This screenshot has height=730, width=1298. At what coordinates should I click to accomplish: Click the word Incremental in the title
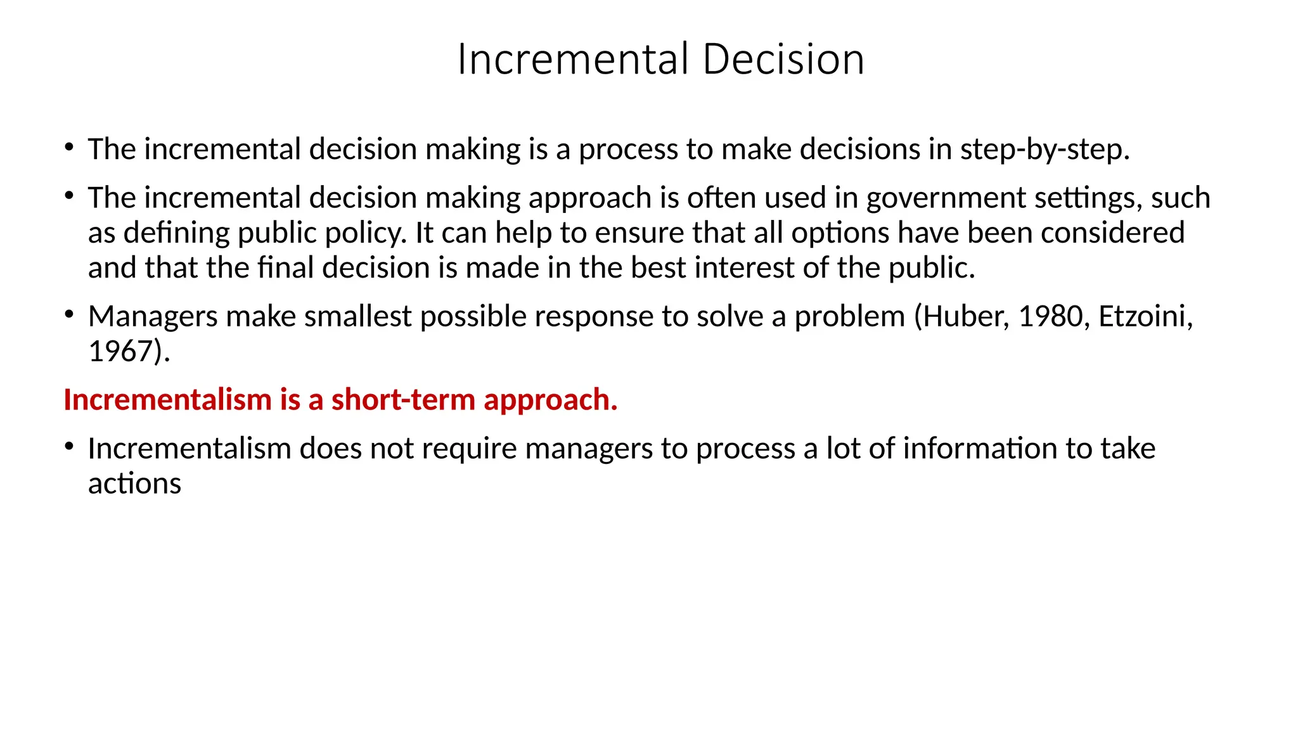pyautogui.click(x=573, y=60)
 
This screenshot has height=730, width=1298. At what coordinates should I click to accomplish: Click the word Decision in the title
pyautogui.click(x=783, y=60)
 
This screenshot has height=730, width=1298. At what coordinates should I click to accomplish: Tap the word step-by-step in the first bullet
pyautogui.click(x=1044, y=150)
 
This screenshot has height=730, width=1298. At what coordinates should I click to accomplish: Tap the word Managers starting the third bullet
pyautogui.click(x=153, y=317)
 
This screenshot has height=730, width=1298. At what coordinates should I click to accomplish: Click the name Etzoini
pyautogui.click(x=1145, y=317)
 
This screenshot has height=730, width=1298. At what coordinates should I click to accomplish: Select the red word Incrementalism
pyautogui.click(x=167, y=400)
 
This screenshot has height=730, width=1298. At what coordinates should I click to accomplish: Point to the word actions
pyautogui.click(x=134, y=484)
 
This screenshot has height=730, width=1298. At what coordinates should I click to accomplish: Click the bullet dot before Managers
pyautogui.click(x=69, y=314)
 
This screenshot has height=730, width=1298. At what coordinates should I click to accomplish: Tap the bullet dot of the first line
pyautogui.click(x=69, y=147)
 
